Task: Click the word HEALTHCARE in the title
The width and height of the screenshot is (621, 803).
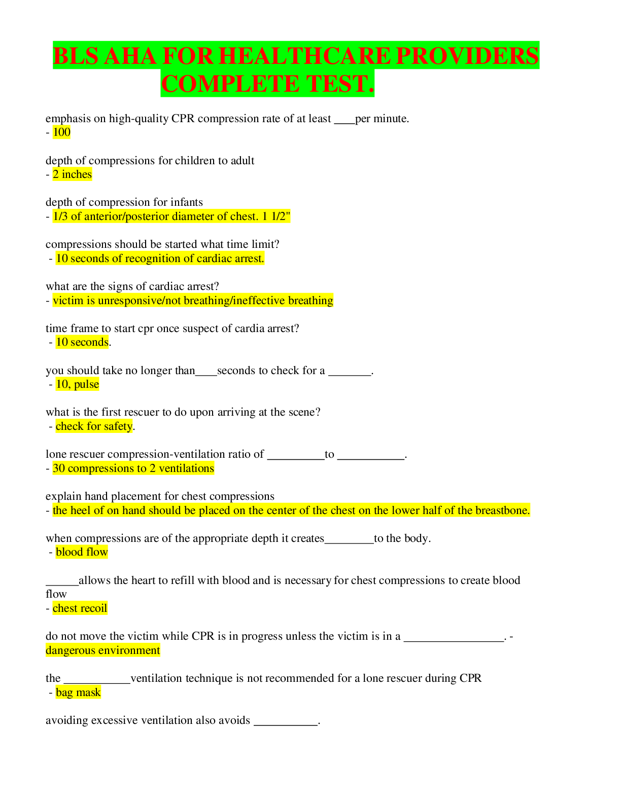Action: pyautogui.click(x=304, y=56)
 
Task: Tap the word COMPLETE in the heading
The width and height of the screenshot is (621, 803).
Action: pyautogui.click(x=230, y=84)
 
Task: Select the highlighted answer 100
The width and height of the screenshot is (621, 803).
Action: pyautogui.click(x=61, y=132)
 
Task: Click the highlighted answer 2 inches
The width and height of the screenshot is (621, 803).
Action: pyautogui.click(x=72, y=174)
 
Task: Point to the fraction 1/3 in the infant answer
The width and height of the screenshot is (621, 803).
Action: pyautogui.click(x=60, y=216)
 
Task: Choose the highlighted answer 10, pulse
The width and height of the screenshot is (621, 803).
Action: pyautogui.click(x=77, y=384)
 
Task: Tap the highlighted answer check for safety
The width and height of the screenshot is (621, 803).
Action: pyautogui.click(x=94, y=426)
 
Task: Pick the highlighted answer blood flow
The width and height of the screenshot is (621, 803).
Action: pyautogui.click(x=82, y=552)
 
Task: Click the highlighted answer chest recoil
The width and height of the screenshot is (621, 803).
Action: pyautogui.click(x=80, y=608)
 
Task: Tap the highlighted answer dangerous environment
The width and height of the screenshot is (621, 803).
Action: pyautogui.click(x=103, y=650)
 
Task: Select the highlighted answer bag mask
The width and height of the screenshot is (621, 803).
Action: pyautogui.click(x=78, y=692)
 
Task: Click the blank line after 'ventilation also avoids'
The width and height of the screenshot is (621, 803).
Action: pyautogui.click(x=286, y=725)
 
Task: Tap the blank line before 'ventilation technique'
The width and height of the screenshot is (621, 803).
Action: pyautogui.click(x=97, y=683)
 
